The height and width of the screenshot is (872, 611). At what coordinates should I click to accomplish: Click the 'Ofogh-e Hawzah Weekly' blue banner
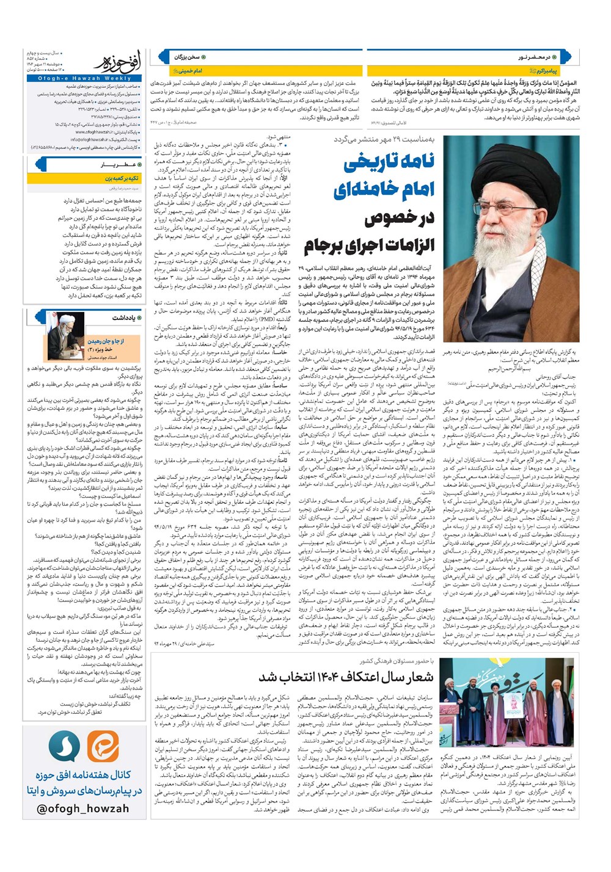[x=84, y=78]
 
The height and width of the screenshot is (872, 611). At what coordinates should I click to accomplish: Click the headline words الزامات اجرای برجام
[x=369, y=245]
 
